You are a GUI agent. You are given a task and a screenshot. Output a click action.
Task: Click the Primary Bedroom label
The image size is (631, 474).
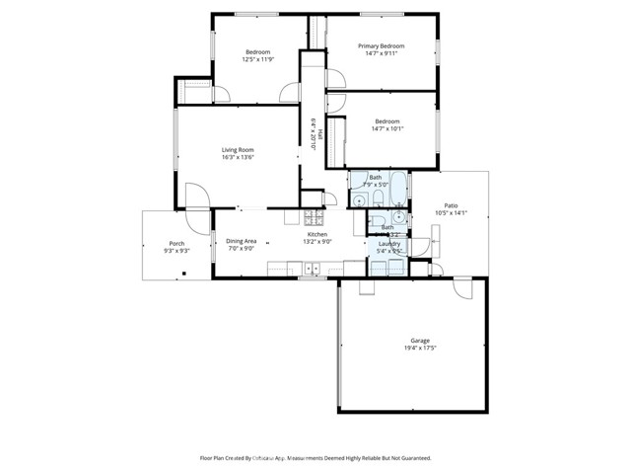click(x=381, y=45)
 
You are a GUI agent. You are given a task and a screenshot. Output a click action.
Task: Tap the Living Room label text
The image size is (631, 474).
click(x=238, y=149)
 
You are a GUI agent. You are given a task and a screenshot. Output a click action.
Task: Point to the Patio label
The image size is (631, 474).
click(x=451, y=205)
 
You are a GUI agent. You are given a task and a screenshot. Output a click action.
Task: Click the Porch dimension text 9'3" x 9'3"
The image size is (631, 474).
click(x=175, y=251)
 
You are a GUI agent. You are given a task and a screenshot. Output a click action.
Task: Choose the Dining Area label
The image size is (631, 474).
click(x=242, y=241)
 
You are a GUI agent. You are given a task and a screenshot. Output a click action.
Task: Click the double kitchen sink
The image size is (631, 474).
click(x=312, y=267)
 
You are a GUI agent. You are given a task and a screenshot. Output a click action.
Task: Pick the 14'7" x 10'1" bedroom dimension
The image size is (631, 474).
click(x=388, y=127)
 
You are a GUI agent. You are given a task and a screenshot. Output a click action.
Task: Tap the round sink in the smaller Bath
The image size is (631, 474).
click(x=397, y=217)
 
